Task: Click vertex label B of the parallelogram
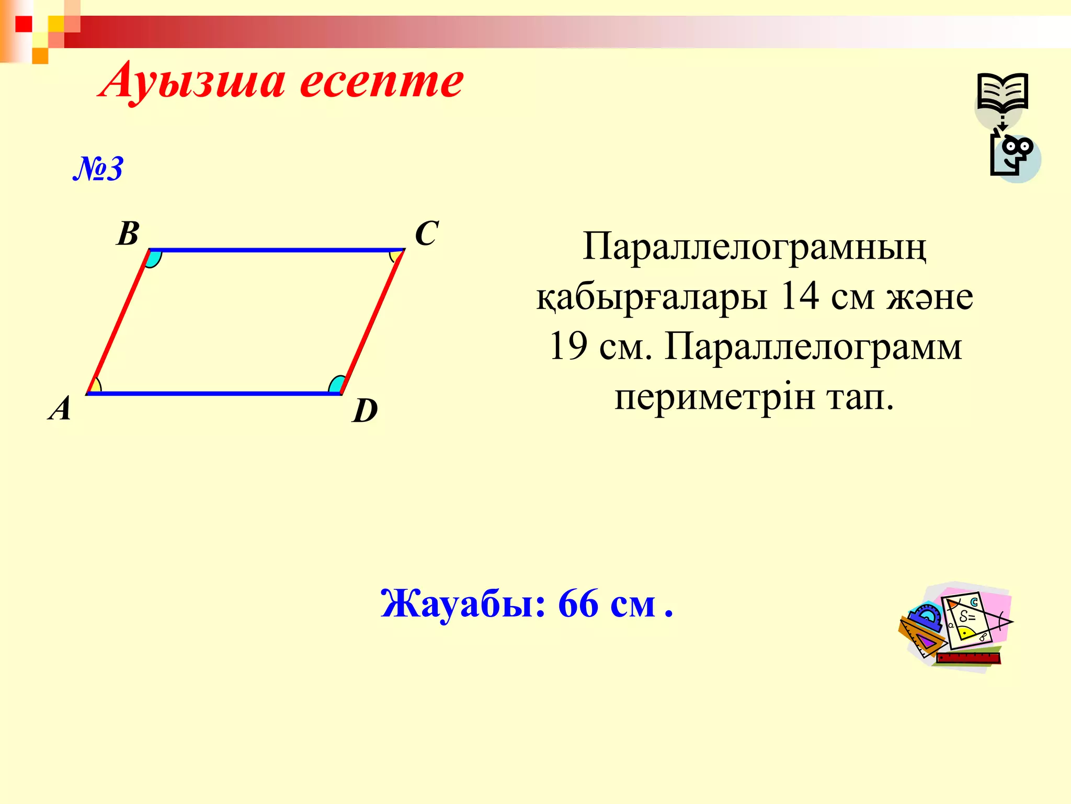(x=128, y=233)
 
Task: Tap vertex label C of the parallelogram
(x=426, y=233)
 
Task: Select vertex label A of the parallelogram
(x=60, y=408)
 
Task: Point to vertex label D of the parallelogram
(x=365, y=410)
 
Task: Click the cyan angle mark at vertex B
(x=153, y=259)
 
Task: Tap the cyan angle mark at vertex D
(x=336, y=385)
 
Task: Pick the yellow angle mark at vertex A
(x=95, y=386)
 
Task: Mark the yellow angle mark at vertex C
(x=396, y=256)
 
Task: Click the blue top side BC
(x=277, y=250)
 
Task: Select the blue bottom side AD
(x=214, y=393)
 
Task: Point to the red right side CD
(x=372, y=321)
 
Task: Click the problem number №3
(x=98, y=169)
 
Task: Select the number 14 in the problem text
(x=799, y=296)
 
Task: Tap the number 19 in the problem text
(x=568, y=346)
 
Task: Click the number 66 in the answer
(x=578, y=604)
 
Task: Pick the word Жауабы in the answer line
(x=463, y=604)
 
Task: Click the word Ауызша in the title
(x=193, y=83)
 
